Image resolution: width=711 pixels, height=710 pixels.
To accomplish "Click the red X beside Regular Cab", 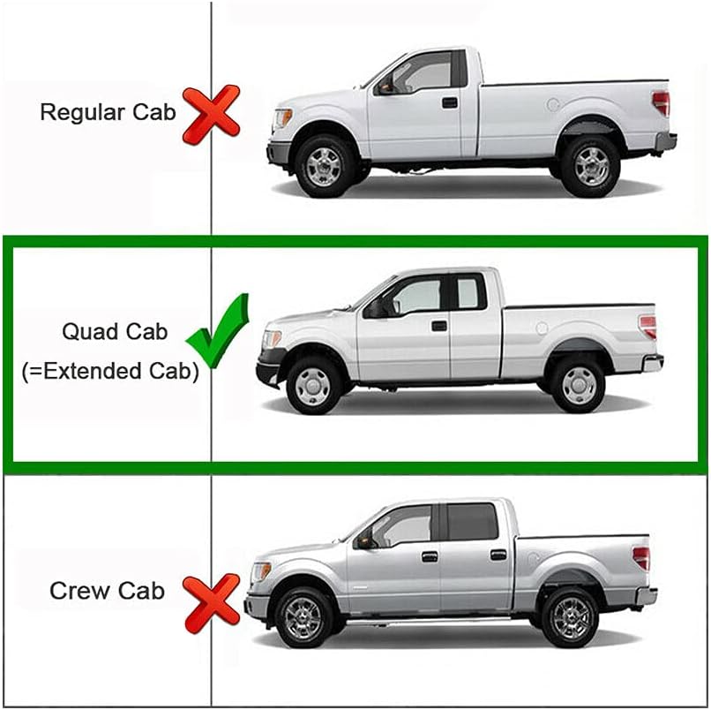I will [x=211, y=114].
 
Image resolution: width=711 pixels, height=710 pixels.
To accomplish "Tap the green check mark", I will [x=223, y=332].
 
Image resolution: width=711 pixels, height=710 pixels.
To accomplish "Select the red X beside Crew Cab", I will [x=211, y=602].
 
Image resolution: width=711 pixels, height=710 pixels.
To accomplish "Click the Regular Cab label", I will [x=108, y=112].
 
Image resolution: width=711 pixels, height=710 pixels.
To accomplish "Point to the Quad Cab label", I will [x=114, y=332].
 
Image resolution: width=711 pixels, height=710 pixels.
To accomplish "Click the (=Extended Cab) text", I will [x=110, y=371].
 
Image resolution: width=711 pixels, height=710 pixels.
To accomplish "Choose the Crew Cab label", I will [x=107, y=591].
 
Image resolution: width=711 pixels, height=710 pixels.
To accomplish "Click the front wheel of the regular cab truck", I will [x=323, y=164].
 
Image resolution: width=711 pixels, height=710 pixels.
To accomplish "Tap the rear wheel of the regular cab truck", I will [x=591, y=164].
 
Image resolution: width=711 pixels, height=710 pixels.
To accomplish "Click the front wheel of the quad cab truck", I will [x=314, y=384].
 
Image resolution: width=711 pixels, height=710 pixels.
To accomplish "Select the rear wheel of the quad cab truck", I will [x=578, y=384].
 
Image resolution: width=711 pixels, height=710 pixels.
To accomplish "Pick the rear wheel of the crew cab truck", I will [x=569, y=616].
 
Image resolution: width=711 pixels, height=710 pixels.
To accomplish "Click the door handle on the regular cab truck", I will [x=450, y=102].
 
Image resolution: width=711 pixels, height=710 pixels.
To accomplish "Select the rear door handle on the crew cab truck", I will [x=498, y=555].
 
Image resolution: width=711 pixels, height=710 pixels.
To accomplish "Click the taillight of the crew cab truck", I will [x=641, y=558].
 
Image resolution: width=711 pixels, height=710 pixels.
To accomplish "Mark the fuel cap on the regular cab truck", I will [x=552, y=104].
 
